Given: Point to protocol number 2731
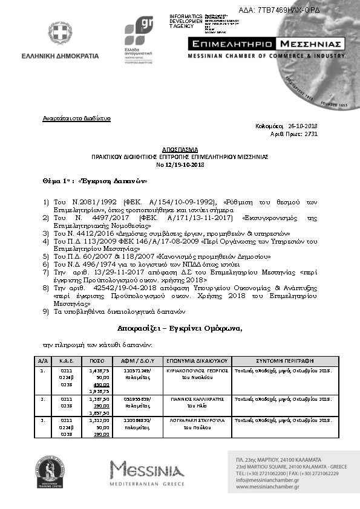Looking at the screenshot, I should coord(310,134).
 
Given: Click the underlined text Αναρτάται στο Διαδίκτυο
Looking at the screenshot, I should coord(76,118).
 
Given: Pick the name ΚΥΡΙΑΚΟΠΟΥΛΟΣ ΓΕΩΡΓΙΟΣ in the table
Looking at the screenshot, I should coord(197,369).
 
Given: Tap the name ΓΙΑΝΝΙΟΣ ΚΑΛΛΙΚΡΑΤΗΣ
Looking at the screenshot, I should coord(197,400).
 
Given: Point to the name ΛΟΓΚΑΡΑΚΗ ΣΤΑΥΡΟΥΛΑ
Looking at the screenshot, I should coord(197,420).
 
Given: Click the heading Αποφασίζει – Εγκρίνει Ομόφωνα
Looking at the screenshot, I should coord(180,328).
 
